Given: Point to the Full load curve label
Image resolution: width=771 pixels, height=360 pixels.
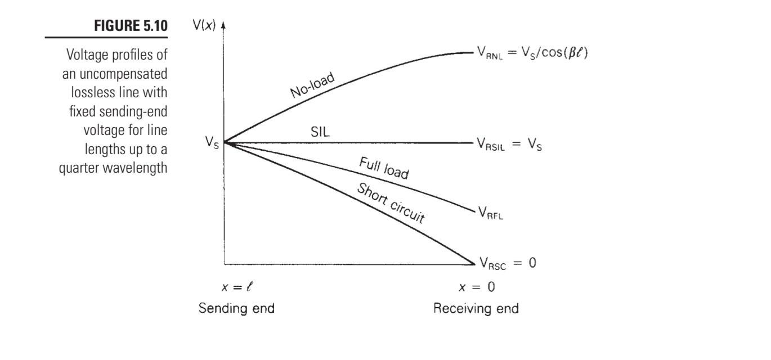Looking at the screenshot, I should (x=384, y=169).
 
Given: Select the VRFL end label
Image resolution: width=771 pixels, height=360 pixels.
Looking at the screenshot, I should (x=490, y=213).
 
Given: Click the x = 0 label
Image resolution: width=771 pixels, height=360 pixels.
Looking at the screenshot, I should (x=477, y=287).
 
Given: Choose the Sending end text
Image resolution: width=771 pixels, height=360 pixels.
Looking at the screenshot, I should (x=236, y=309).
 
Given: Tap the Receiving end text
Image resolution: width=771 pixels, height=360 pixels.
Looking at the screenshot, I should (x=476, y=309).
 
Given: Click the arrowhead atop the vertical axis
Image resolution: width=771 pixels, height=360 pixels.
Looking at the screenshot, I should (x=223, y=26).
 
